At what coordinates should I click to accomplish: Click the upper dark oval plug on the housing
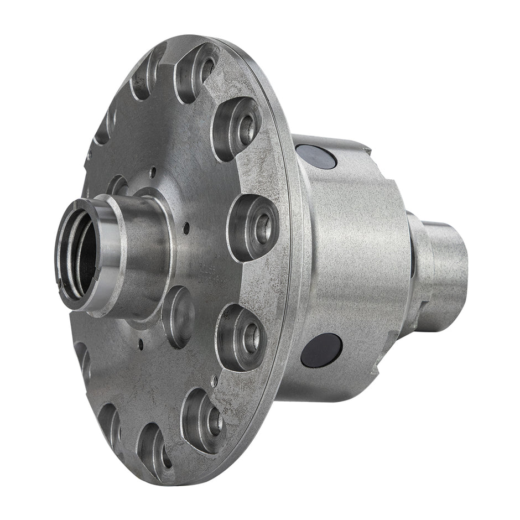pyautogui.click(x=316, y=157)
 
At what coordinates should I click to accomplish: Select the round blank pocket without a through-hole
pyautogui.click(x=178, y=309)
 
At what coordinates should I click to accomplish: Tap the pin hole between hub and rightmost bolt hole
pyautogui.click(x=186, y=227)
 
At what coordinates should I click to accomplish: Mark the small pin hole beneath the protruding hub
pyautogui.click(x=141, y=345)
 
